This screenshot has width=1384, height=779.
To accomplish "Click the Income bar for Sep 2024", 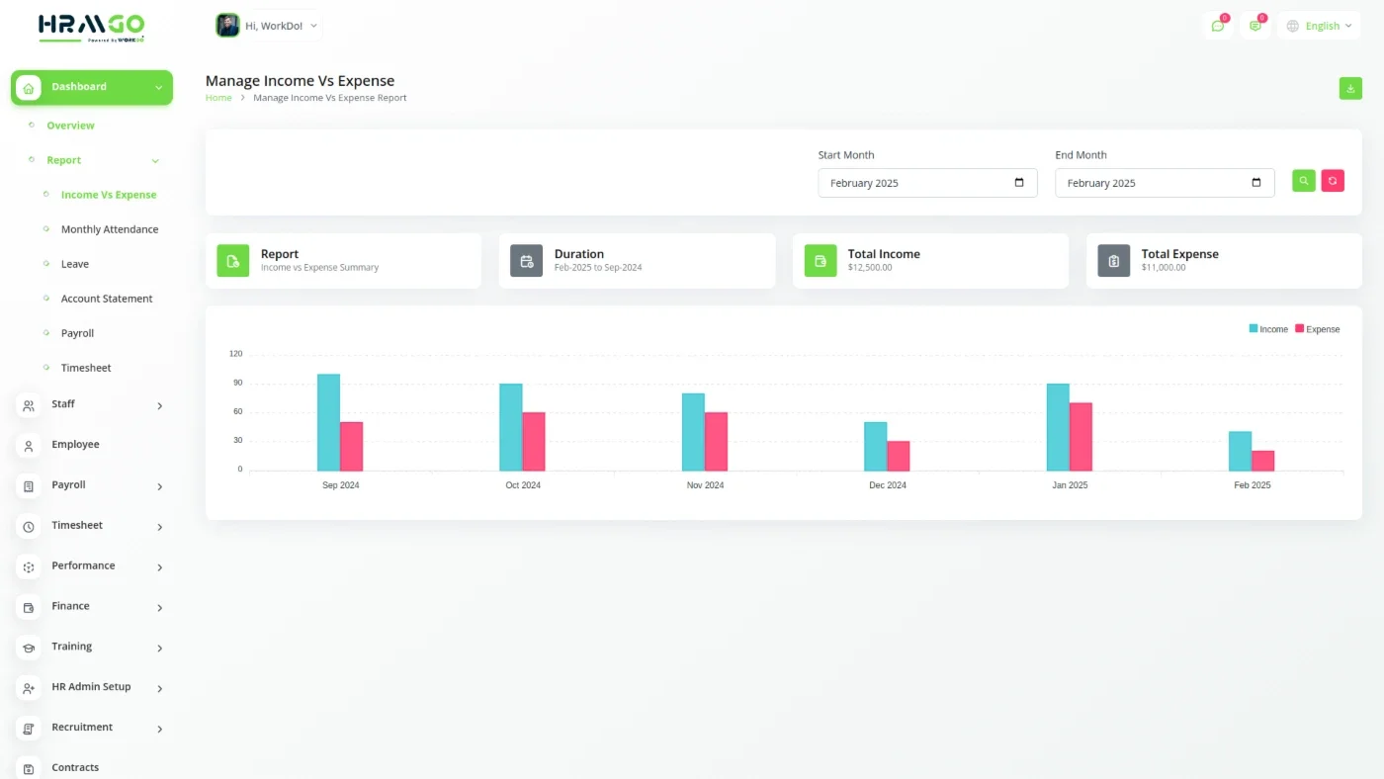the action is click(328, 422).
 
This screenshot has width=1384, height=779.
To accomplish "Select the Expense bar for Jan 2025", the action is click(1081, 437).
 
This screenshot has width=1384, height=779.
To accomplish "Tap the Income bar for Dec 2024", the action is click(876, 447).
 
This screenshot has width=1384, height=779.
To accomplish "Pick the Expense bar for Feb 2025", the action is click(1263, 461).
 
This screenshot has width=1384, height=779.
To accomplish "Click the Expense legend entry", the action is click(1317, 329).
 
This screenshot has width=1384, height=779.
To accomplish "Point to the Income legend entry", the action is click(1268, 329).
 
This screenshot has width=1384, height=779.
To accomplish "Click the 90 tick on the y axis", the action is click(238, 383).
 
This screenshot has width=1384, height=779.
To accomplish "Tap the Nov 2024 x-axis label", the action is click(705, 485).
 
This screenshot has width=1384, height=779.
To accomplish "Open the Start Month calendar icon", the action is click(1019, 182).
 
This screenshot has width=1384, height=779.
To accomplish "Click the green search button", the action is click(1304, 181).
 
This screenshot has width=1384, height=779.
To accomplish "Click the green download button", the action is click(1350, 88).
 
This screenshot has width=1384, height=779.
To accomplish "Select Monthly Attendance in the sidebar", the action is click(110, 229).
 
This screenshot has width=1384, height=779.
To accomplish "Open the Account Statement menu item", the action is click(107, 299).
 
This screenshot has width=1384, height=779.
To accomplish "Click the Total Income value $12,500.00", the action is click(870, 268).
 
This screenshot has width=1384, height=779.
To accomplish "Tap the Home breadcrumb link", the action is click(218, 98).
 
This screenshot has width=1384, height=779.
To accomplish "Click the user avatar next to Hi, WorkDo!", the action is click(227, 26).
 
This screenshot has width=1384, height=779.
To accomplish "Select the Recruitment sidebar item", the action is click(82, 728).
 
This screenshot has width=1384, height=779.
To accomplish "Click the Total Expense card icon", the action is click(1114, 261).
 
